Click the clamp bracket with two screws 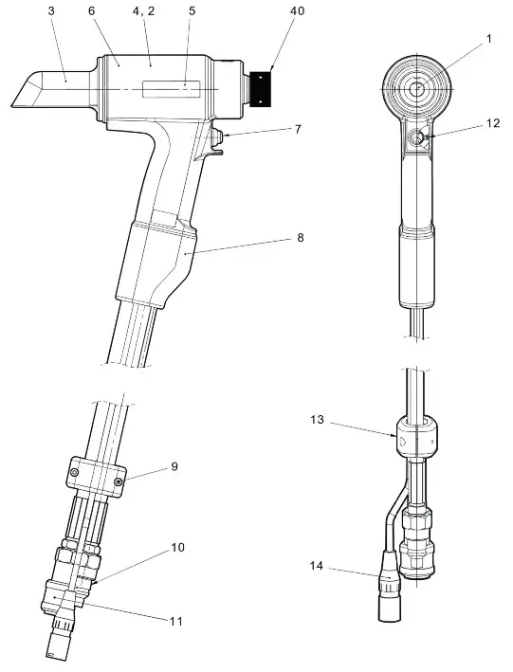[97, 473]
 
